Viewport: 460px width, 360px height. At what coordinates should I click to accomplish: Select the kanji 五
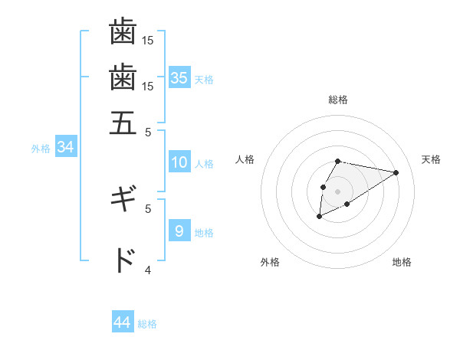(123, 123)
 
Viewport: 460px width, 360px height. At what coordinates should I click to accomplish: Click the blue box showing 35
(179, 78)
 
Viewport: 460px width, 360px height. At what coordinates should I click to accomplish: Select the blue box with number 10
(179, 162)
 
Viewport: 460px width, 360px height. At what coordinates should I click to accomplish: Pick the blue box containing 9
(179, 231)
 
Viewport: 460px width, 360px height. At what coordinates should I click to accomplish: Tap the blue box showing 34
(65, 148)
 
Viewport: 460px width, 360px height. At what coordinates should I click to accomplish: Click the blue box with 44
(123, 322)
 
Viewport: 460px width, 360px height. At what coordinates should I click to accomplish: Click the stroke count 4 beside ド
(148, 270)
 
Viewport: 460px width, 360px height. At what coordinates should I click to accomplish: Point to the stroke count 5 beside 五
(148, 131)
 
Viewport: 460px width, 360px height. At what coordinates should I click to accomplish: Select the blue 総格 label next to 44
(147, 324)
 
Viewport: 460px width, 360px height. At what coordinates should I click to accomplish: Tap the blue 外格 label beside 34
(41, 149)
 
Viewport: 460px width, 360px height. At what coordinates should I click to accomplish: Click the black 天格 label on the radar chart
(431, 159)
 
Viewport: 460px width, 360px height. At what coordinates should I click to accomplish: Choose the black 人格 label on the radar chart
(245, 159)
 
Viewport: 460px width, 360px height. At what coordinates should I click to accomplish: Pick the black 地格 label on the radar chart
(402, 262)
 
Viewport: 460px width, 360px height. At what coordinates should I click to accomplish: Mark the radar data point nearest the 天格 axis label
(396, 172)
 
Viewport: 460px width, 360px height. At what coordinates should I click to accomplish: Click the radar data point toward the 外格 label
(319, 217)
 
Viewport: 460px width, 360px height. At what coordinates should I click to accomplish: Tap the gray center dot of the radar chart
(337, 190)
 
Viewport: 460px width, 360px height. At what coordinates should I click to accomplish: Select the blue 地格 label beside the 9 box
(204, 233)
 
